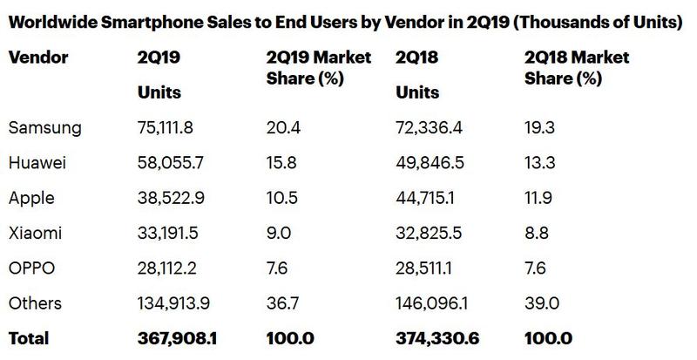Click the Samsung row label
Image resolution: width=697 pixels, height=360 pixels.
44,128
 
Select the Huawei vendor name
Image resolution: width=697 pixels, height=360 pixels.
38,163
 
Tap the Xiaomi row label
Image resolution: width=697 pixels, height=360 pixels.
35,233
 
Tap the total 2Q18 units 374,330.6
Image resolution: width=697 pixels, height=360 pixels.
439,337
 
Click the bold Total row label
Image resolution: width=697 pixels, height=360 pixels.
29,337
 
